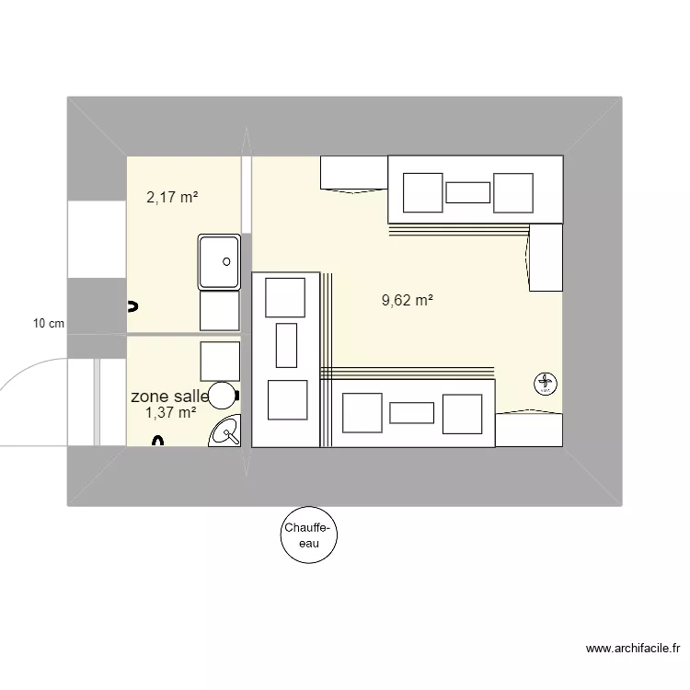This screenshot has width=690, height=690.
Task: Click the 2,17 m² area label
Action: [173, 197]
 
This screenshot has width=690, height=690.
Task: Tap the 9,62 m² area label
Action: [407, 300]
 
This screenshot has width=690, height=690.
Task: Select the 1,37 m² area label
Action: [171, 413]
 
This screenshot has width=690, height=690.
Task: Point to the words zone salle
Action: [169, 396]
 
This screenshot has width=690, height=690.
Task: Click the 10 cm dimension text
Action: [49, 323]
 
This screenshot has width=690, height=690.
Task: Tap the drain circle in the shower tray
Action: [226, 260]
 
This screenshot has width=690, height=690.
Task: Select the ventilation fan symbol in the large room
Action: [545, 383]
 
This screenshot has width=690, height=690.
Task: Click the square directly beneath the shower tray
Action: [220, 311]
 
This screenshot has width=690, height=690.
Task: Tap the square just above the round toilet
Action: [220, 360]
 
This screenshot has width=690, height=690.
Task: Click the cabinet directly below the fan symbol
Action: [528, 430]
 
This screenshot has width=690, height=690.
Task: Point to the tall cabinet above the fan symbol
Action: [545, 259]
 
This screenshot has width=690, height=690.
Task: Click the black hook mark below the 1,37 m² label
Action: [157, 441]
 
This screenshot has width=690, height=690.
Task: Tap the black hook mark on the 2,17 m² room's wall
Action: [132, 305]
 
